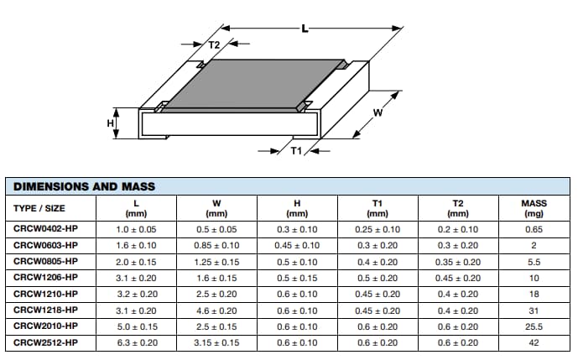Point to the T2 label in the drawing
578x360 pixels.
(213, 44)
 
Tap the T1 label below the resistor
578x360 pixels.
(295, 151)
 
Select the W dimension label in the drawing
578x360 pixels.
(378, 115)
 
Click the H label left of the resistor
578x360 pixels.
(109, 123)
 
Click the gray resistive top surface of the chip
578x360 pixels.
(252, 84)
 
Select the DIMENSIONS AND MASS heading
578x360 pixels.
(84, 185)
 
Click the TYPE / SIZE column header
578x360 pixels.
(39, 208)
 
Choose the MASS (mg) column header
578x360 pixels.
(534, 208)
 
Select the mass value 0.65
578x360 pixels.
(534, 229)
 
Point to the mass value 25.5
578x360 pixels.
(534, 326)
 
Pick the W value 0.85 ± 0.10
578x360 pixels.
(216, 245)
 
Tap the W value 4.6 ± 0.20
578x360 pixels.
(216, 310)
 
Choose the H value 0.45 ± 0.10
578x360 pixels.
(297, 245)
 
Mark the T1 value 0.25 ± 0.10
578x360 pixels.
(377, 229)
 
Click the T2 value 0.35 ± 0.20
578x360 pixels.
(457, 261)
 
